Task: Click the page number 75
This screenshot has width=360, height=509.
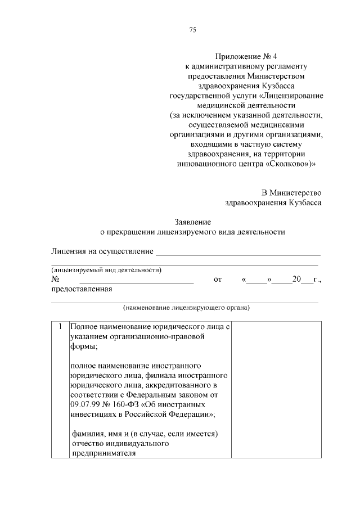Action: coord(192,30)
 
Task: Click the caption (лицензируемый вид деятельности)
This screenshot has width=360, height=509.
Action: coord(106,270)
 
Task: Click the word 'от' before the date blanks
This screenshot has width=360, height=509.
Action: coord(218,279)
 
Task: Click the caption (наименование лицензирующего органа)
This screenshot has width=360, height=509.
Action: coord(186,308)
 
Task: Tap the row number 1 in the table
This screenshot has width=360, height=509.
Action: coord(59,326)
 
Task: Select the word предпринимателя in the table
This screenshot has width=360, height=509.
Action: coord(103,454)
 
